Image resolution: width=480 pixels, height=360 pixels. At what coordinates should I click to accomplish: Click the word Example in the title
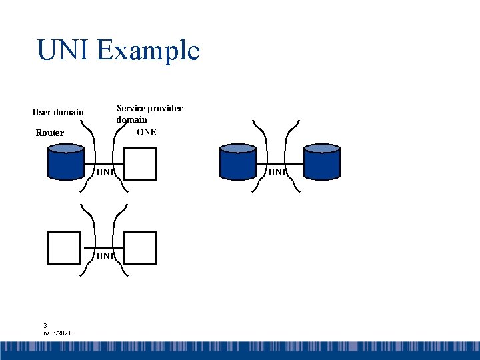point(148,51)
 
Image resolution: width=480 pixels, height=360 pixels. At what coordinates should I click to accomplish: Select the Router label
point(50,133)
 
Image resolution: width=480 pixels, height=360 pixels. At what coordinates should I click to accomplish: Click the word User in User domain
point(43,112)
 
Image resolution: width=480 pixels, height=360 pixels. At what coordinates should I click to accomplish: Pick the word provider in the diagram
point(165,108)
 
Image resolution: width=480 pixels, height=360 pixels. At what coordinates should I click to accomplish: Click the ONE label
point(146,132)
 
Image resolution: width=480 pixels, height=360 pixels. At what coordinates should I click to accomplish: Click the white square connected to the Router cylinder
point(140,164)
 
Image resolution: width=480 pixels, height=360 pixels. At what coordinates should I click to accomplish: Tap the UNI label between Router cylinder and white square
point(105,173)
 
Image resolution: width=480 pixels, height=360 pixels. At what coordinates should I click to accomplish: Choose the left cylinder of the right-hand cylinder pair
point(237,162)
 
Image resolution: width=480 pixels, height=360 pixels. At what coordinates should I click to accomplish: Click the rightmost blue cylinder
point(321,162)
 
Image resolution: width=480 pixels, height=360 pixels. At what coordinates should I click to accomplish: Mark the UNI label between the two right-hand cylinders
point(277,173)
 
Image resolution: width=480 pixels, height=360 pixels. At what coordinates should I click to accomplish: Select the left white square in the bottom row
point(64,248)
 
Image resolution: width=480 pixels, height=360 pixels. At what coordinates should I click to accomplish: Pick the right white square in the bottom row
point(140,248)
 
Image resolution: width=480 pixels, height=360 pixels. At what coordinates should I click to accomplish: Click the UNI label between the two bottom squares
point(105,256)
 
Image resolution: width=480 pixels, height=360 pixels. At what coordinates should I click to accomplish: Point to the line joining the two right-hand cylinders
point(279,164)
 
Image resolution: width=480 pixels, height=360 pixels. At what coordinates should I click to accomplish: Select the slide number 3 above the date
point(45,325)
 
